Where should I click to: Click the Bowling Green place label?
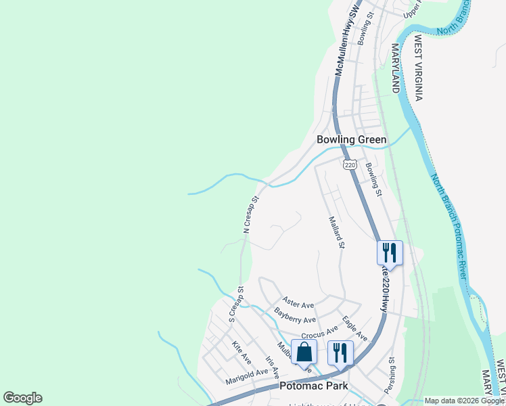(352, 140)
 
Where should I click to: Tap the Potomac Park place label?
(313, 386)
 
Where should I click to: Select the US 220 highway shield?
(349, 164)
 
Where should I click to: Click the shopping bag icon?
(304, 352)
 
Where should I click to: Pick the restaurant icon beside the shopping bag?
(340, 352)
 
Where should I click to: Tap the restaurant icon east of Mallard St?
(390, 252)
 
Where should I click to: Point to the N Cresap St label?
(251, 215)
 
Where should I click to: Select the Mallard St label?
(337, 232)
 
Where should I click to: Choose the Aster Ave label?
(298, 302)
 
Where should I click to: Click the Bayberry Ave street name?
(295, 315)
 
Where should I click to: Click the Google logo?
(22, 398)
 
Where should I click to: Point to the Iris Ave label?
(272, 368)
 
